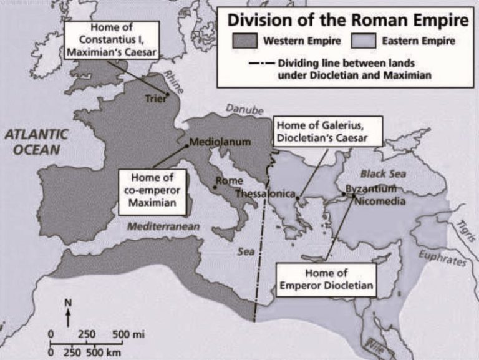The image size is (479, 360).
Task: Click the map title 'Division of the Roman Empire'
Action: click(347, 20)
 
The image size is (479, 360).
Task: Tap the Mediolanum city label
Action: click(220, 142)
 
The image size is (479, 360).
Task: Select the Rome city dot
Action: click(214, 187)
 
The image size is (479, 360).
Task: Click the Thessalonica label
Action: click(265, 194)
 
